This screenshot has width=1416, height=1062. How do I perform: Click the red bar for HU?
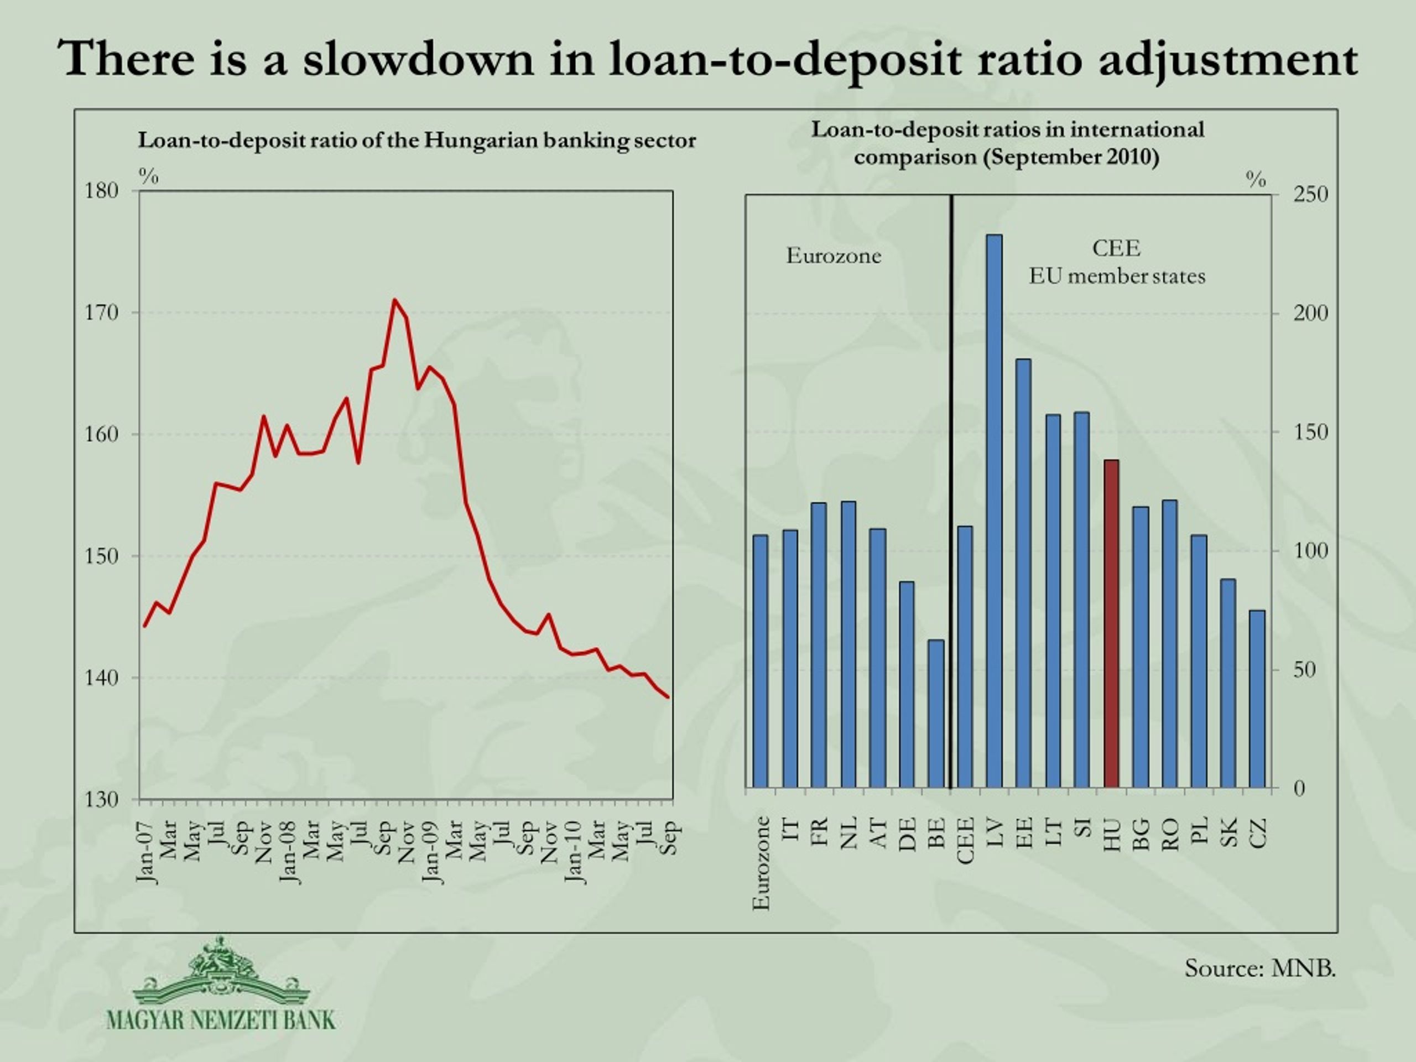(1112, 623)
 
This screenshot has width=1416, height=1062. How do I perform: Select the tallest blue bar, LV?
(994, 511)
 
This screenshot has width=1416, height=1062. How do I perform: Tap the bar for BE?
(936, 714)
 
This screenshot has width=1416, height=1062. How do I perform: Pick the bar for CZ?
(1257, 699)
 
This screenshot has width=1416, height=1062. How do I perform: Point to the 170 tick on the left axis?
(102, 313)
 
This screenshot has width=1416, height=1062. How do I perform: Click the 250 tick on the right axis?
(1310, 194)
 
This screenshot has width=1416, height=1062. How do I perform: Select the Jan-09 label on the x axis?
(431, 853)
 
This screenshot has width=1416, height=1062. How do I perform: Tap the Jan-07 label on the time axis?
(145, 853)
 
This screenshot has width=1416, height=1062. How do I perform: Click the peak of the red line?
(394, 300)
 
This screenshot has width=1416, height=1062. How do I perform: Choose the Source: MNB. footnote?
(1260, 968)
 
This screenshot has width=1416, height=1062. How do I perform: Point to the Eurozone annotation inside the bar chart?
(834, 256)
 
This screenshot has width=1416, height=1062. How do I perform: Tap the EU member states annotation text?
(1117, 276)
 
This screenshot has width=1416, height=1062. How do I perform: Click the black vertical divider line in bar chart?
(951, 492)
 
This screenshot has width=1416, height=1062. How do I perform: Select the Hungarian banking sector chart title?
(417, 140)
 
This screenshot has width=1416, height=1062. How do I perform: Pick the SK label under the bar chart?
(1228, 832)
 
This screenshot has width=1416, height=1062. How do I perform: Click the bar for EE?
(1024, 574)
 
